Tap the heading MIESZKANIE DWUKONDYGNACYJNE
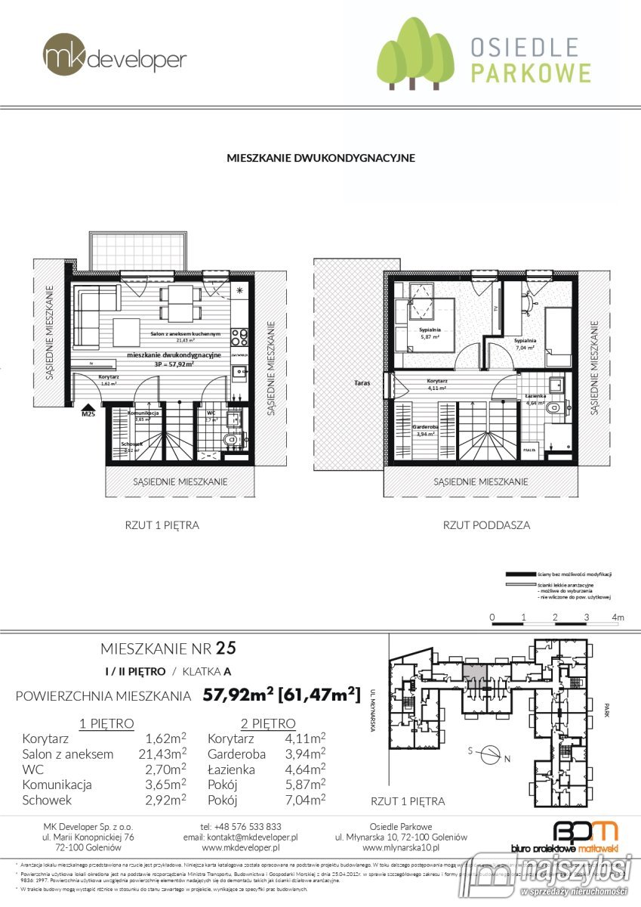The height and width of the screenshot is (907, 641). tap(321, 159)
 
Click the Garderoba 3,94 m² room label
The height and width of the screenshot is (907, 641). tap(424, 430)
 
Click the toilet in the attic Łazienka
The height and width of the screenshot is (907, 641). tap(556, 408)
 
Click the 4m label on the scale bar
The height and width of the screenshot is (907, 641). tap(619, 618)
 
